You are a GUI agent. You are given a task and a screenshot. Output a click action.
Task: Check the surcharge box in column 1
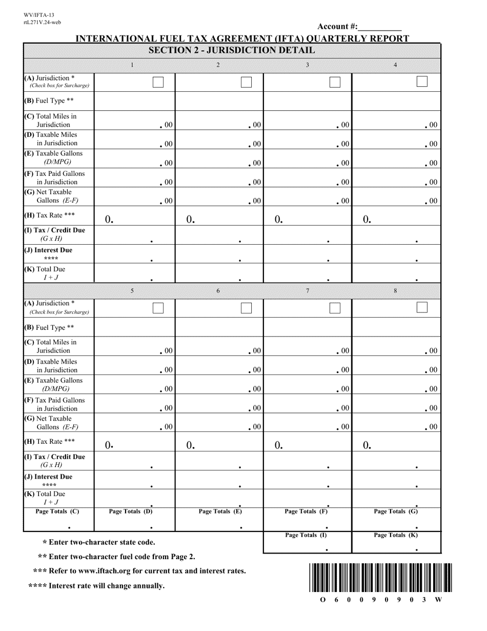tap(158, 82)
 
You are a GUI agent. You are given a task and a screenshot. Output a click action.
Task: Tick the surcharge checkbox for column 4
tap(422, 82)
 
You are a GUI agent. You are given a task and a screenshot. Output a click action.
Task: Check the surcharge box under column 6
tap(246, 308)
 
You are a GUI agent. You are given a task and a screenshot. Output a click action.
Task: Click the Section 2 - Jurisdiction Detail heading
tap(231, 50)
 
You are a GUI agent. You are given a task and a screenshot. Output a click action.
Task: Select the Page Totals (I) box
tap(307, 543)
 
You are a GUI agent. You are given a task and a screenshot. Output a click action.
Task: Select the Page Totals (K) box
tap(396, 543)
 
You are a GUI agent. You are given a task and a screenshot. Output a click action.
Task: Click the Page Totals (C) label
tap(57, 511)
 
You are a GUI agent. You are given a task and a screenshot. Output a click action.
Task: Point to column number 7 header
tap(307, 291)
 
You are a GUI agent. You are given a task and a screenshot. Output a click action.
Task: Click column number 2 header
tap(218, 65)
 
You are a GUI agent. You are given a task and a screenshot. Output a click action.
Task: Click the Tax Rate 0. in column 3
tap(278, 219)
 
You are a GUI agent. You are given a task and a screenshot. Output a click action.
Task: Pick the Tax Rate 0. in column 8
tap(367, 445)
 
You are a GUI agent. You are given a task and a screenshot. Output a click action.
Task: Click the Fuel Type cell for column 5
tap(134, 327)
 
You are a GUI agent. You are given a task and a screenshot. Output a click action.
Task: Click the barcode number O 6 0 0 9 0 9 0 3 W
tap(380, 600)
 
